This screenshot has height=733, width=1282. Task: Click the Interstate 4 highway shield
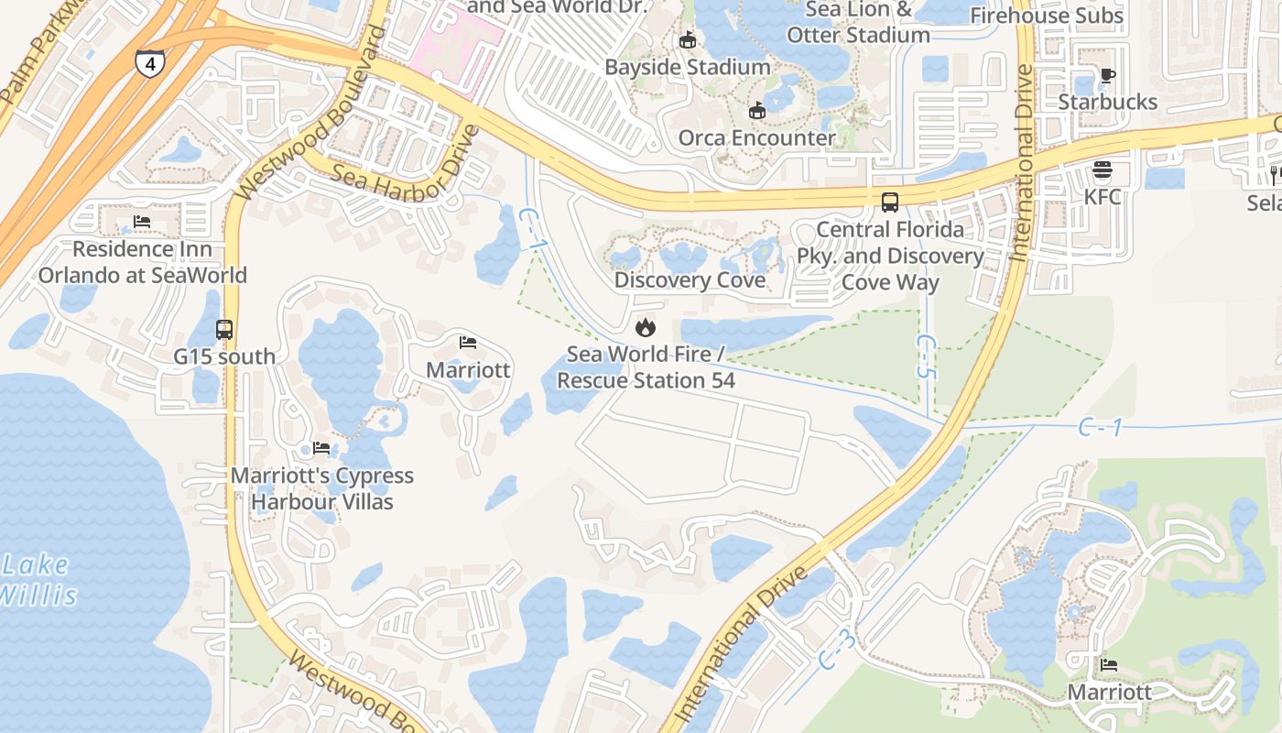click(149, 62)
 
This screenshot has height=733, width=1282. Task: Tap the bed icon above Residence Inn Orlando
click(141, 222)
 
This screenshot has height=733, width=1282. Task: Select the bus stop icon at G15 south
click(224, 329)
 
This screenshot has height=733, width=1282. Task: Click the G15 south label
click(224, 356)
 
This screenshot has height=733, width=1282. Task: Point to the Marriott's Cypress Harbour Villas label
click(322, 488)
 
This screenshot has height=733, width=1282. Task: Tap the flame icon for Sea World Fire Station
click(646, 327)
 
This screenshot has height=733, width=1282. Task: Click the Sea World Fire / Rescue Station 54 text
click(646, 366)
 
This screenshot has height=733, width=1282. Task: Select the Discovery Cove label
click(690, 279)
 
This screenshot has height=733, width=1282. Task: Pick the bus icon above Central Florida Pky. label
click(889, 202)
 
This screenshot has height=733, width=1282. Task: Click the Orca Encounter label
click(756, 137)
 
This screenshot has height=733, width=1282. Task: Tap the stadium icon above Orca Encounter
click(756, 111)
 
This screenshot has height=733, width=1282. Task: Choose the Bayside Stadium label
click(687, 67)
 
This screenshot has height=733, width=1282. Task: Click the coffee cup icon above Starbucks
click(1107, 75)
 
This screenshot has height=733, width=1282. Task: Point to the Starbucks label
click(1107, 102)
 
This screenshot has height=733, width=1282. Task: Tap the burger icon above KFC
click(1102, 170)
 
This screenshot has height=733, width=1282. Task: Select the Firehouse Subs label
click(1046, 16)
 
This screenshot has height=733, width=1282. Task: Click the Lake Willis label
click(37, 580)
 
